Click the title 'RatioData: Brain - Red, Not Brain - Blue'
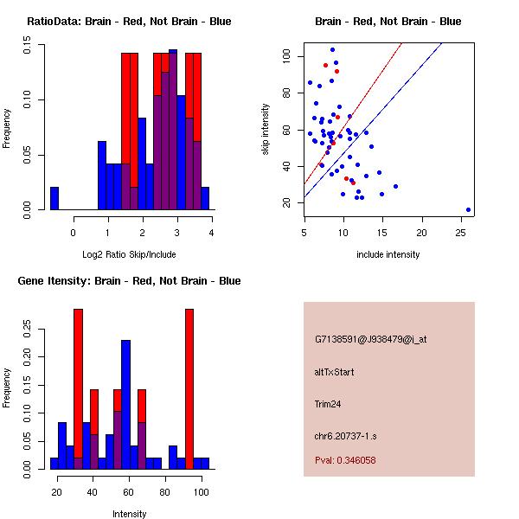click(x=129, y=22)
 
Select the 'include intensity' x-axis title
click(x=388, y=254)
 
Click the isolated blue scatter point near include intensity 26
click(x=468, y=209)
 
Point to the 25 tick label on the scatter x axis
click(x=461, y=232)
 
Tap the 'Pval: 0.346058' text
click(x=345, y=460)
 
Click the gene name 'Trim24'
click(x=328, y=403)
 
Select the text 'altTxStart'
click(x=335, y=372)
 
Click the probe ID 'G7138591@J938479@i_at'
click(x=371, y=339)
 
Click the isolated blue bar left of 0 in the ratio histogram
click(x=54, y=198)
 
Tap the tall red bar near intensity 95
click(x=189, y=389)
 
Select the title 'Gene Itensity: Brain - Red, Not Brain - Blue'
click(x=129, y=281)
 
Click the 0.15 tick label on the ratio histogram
click(x=28, y=49)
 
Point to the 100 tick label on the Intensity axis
click(x=201, y=492)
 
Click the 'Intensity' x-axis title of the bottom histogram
click(x=129, y=514)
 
